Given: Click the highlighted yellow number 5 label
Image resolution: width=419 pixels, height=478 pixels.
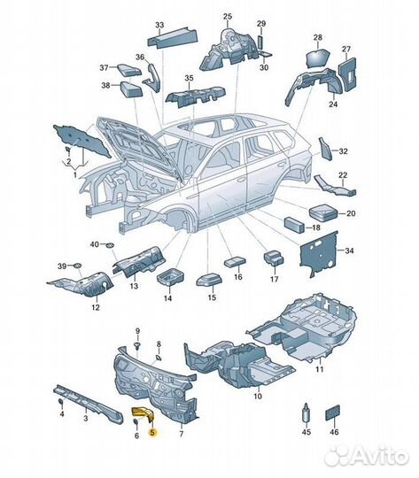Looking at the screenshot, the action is pyautogui.click(x=152, y=432).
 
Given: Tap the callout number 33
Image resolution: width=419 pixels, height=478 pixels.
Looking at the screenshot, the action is pyautogui.click(x=159, y=25).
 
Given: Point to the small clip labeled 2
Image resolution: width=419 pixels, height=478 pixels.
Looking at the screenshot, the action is pyautogui.click(x=68, y=150).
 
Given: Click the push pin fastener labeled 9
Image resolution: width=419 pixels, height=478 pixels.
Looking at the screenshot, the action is pyautogui.click(x=137, y=345).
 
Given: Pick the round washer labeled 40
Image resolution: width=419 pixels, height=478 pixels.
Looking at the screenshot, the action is pyautogui.click(x=110, y=245).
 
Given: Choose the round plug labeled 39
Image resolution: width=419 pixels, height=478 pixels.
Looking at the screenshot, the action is pyautogui.click(x=78, y=265).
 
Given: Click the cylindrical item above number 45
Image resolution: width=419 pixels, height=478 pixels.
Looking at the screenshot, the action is pyautogui.click(x=306, y=412).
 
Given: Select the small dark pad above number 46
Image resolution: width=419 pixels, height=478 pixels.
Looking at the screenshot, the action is pyautogui.click(x=333, y=412).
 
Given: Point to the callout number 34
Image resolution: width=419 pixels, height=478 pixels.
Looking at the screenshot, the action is pyautogui.click(x=349, y=251).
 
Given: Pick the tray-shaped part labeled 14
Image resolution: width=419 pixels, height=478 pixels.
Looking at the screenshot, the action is pyautogui.click(x=170, y=276).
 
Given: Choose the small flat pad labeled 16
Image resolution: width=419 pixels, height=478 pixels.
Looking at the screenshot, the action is pyautogui.click(x=236, y=262).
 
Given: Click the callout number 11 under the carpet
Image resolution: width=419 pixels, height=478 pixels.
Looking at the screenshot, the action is pyautogui.click(x=319, y=369).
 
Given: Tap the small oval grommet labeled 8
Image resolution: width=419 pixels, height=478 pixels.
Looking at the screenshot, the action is pyautogui.click(x=159, y=358).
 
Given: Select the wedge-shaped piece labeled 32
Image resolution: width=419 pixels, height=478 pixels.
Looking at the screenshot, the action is pyautogui.click(x=324, y=149).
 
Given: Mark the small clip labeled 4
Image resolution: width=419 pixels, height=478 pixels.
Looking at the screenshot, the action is pyautogui.click(x=61, y=401).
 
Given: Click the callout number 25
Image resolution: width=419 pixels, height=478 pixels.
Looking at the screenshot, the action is pyautogui.click(x=228, y=17).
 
